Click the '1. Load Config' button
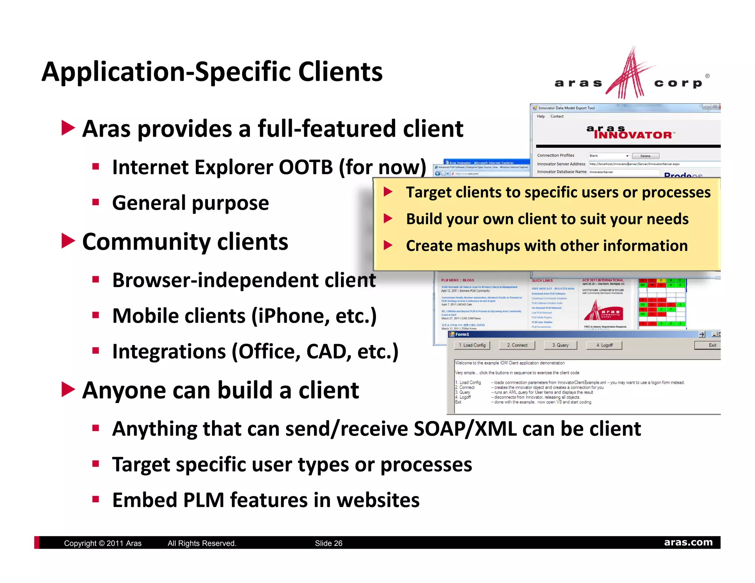click(472, 345)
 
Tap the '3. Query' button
click(560, 345)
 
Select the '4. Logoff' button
click(604, 345)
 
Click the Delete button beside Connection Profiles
click(645, 156)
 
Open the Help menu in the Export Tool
click(540, 116)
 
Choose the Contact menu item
click(557, 116)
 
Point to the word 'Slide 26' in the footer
click(328, 543)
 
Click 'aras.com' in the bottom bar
click(688, 542)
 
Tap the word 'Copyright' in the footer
click(80, 543)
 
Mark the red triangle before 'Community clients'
click(68, 241)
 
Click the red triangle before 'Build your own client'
click(388, 219)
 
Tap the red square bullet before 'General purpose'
click(96, 202)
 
